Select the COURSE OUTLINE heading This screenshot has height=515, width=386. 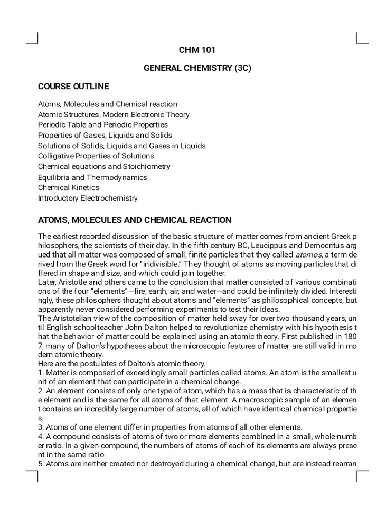coord(73,87)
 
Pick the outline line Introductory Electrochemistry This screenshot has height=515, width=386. coord(88,198)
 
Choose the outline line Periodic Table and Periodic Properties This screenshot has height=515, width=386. coord(103,125)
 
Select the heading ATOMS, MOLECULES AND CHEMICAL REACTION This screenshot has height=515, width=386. coord(135,220)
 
